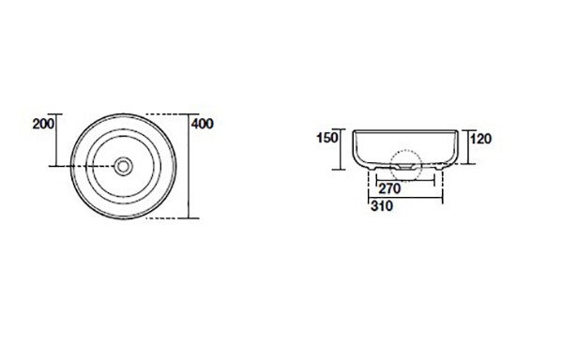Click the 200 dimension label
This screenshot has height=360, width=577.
tap(43, 124)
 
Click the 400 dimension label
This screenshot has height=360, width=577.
tap(203, 124)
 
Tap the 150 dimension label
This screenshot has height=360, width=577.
tap(327, 138)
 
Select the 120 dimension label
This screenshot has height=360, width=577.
tap(480, 139)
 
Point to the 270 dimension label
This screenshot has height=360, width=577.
tap(389, 188)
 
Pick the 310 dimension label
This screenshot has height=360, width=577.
tap(382, 206)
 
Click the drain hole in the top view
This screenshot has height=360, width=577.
tap(123, 166)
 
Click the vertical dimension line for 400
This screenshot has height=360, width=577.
tap(189, 166)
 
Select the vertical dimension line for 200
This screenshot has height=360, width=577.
tap(56, 140)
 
